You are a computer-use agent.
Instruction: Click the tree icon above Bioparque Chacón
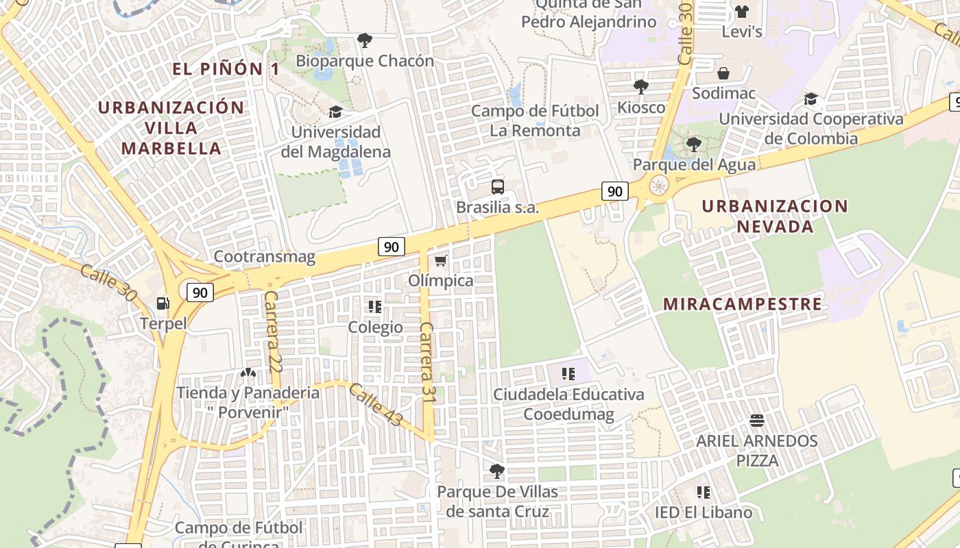click(x=365, y=40)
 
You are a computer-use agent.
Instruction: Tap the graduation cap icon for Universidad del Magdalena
click(x=335, y=112)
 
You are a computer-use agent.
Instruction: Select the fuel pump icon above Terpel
click(x=163, y=303)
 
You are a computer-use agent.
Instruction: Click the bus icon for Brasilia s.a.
click(x=498, y=186)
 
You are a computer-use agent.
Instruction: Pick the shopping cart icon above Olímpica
click(x=440, y=261)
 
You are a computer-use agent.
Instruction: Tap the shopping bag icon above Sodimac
click(x=723, y=73)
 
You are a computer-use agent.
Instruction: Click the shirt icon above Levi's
click(x=741, y=11)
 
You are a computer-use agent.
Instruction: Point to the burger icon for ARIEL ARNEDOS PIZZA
click(x=757, y=420)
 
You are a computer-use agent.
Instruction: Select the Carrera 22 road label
click(x=272, y=332)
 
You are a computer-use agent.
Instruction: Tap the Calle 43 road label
click(x=375, y=404)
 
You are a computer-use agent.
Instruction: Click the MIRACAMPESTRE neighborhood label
click(x=742, y=304)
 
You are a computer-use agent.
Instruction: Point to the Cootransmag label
click(x=265, y=257)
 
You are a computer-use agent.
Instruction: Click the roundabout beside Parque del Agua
click(x=659, y=185)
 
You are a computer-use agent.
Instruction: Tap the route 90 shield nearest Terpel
click(x=200, y=292)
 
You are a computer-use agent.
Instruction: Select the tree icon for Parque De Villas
click(x=497, y=471)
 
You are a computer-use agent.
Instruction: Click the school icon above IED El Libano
click(x=703, y=492)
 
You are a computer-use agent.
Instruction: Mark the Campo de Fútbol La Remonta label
click(x=535, y=121)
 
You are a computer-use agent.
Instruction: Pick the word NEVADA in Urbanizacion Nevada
click(x=775, y=226)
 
